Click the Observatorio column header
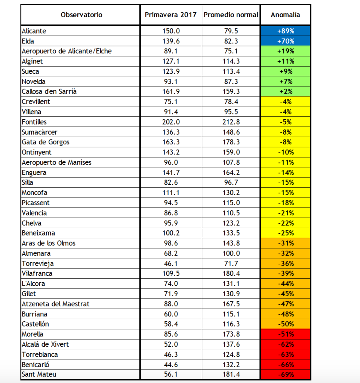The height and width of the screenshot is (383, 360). (81, 15)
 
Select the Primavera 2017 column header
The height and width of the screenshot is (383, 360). (170, 15)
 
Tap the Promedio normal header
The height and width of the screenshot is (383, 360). (231, 15)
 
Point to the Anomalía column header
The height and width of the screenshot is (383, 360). (285, 15)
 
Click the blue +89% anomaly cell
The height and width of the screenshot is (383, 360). (286, 31)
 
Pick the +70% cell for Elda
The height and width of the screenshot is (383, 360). (286, 41)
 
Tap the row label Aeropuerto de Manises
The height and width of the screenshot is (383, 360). (56, 162)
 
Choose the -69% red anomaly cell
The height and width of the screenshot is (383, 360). (286, 374)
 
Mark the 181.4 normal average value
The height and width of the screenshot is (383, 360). (231, 374)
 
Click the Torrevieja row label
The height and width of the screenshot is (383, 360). (37, 263)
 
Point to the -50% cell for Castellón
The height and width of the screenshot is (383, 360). (286, 324)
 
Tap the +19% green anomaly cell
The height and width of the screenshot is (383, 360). (286, 51)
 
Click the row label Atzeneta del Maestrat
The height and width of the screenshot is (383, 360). (56, 304)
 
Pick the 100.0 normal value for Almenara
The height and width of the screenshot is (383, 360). (231, 253)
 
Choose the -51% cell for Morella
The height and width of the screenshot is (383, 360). (286, 334)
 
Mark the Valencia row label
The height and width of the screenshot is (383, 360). (34, 213)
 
